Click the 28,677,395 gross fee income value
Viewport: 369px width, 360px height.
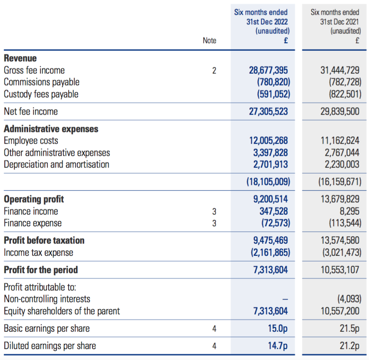(x=268, y=70)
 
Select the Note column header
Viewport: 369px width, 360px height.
(x=209, y=40)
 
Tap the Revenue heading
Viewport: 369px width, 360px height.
(x=20, y=58)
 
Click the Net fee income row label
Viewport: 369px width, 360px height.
(x=31, y=111)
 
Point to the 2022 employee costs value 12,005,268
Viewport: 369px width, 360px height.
(x=269, y=141)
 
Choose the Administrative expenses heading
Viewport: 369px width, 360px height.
(x=51, y=129)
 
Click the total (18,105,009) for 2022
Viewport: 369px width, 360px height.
(x=268, y=182)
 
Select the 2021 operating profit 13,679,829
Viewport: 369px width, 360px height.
(x=340, y=199)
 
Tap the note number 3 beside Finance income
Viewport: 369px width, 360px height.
(x=214, y=212)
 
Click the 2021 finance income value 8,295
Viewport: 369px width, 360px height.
(x=349, y=211)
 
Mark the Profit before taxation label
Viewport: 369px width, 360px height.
(x=44, y=241)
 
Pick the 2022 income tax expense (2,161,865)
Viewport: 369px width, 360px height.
(x=270, y=252)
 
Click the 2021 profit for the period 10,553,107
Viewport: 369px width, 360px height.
(x=340, y=270)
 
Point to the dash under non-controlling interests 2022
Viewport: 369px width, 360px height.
(x=285, y=299)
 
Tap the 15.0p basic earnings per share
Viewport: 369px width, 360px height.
(x=278, y=328)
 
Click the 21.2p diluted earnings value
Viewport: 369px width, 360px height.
(x=349, y=346)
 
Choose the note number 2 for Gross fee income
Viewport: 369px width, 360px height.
(x=214, y=71)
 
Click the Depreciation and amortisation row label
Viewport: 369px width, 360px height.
(x=56, y=164)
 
